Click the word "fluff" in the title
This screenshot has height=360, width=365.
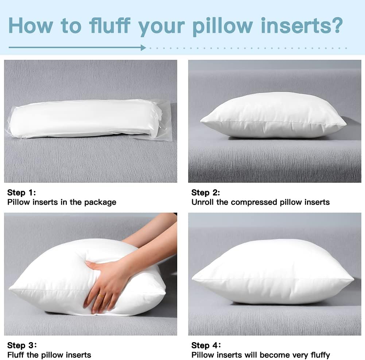pos(110,25)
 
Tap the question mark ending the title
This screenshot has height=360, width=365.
pos(336,25)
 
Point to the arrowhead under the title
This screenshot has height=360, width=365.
pos(143,48)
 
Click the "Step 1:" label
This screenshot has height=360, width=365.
pos(22,193)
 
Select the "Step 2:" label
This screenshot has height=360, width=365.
pos(206,193)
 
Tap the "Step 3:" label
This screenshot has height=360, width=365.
pos(22,345)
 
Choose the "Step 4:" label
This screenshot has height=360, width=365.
pos(206,345)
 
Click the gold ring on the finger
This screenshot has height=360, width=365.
pos(101,295)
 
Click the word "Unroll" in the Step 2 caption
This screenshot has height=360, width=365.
pos(202,202)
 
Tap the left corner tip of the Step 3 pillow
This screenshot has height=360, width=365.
pos(10,289)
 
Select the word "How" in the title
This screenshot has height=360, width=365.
pos(31,26)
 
